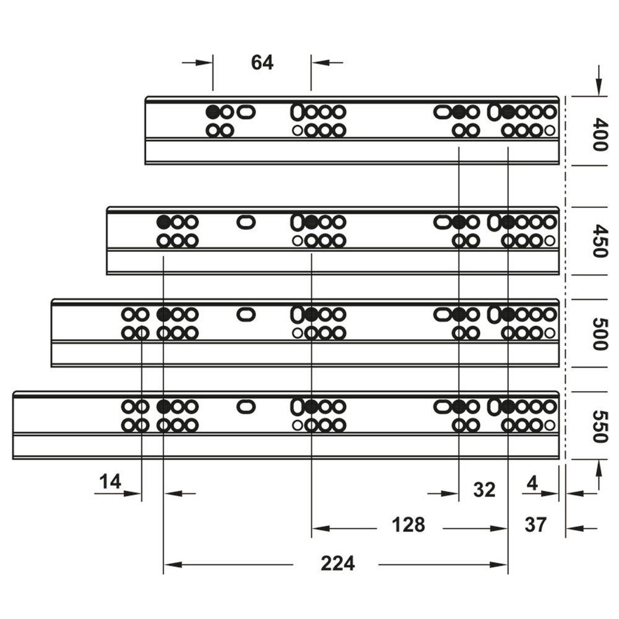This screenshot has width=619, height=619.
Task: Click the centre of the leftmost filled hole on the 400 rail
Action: coord(212,112)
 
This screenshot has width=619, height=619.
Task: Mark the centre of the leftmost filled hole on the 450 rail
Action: coord(163,222)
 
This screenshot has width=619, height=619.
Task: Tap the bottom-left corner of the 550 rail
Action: coord(13,459)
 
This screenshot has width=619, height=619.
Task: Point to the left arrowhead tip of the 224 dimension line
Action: coord(164,565)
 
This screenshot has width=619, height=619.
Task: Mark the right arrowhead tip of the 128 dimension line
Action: coord(508,528)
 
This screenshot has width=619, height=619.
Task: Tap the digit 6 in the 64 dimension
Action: coord(257,63)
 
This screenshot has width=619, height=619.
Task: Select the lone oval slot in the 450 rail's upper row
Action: coord(246,222)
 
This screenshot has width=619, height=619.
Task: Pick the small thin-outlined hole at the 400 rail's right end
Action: coord(550,130)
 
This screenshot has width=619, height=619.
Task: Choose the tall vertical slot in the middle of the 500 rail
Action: coord(297,314)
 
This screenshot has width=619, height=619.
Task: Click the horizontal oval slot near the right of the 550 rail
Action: coord(443,406)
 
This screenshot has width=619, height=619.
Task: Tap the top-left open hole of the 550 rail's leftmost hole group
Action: coord(128,406)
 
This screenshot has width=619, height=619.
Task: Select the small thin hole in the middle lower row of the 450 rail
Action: coord(298,240)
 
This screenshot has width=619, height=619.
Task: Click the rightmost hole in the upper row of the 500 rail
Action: coord(550,314)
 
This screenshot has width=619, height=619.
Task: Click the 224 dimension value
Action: coord(338,563)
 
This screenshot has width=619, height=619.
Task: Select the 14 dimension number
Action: coord(110,482)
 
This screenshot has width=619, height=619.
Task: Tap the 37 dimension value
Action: coord(535,525)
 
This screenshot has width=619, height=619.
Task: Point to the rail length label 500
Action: coord(599,334)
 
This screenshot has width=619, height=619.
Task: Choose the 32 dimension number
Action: coord(485,490)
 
